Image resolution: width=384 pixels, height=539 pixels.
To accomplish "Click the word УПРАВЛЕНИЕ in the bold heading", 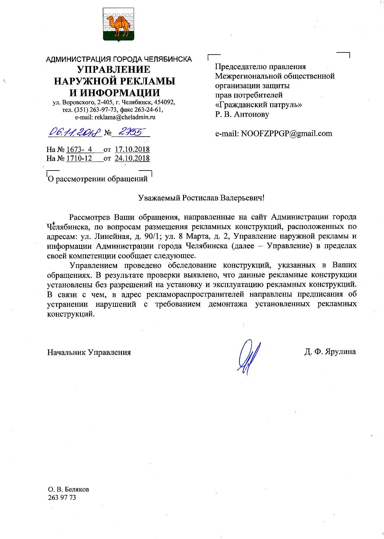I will tap(114, 69).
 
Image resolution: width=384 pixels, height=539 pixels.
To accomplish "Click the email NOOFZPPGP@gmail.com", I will tap(287, 134).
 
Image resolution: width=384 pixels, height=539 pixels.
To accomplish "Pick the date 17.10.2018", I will tap(132, 150).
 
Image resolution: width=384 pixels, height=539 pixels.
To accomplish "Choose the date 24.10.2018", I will tap(132, 158).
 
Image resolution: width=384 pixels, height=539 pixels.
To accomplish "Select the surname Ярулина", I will tap(340, 352).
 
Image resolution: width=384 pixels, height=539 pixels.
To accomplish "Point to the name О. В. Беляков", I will tap(69, 489).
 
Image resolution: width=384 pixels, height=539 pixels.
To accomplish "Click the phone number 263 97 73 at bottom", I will tap(62, 498).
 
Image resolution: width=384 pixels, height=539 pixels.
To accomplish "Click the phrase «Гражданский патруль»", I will tap(258, 105).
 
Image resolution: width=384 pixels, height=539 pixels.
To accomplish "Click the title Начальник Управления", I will tap(89, 352).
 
